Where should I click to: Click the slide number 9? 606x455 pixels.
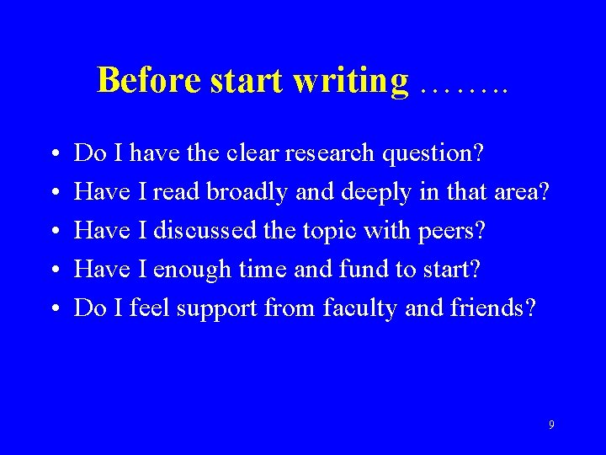pyautogui.click(x=551, y=425)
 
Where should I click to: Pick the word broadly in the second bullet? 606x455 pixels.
pyautogui.click(x=248, y=193)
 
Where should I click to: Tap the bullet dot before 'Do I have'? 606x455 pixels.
pyautogui.click(x=54, y=155)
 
